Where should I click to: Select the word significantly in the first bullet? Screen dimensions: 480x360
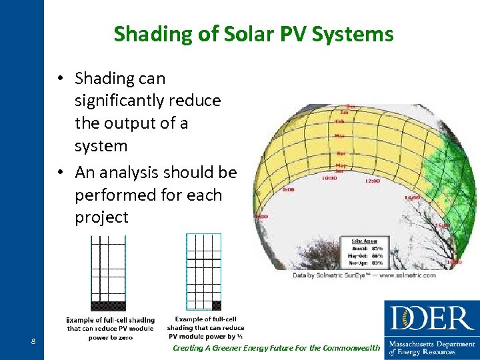147,101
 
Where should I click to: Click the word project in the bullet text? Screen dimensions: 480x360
101,218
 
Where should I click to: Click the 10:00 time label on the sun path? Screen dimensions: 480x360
329,178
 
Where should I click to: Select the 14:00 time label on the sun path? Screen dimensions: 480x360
412,198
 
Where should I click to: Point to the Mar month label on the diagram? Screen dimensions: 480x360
340,136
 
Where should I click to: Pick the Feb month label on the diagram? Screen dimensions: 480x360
339,122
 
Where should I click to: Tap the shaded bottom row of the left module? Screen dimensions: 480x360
108,306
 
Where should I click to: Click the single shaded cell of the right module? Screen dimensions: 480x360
216,305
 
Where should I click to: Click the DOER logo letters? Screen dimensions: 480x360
431,319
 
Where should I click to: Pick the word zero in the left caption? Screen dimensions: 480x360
125,338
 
